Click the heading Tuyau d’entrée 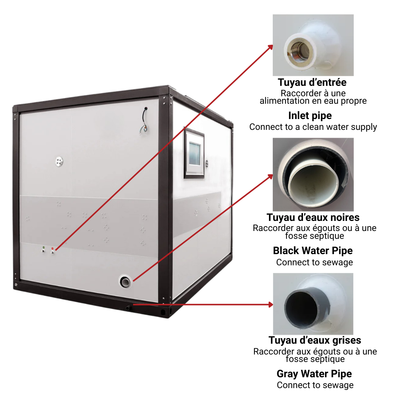click(312, 82)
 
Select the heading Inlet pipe click(310, 116)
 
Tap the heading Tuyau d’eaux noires click(313, 218)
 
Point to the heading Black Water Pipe click(313, 251)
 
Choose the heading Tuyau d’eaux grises click(315, 340)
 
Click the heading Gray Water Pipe click(314, 374)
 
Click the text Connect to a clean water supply click(313, 127)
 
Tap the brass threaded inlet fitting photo click(313, 45)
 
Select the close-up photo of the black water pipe click(313, 175)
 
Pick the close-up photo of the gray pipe click(313, 304)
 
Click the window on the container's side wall click(194, 153)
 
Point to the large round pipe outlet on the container click(125, 282)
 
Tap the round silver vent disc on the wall click(59, 162)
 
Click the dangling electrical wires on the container click(144, 120)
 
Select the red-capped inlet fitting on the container click(53, 251)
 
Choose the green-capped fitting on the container click(43, 249)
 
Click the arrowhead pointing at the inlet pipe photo click(270, 47)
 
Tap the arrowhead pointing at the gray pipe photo click(271, 304)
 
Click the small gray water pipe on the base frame click(128, 307)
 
